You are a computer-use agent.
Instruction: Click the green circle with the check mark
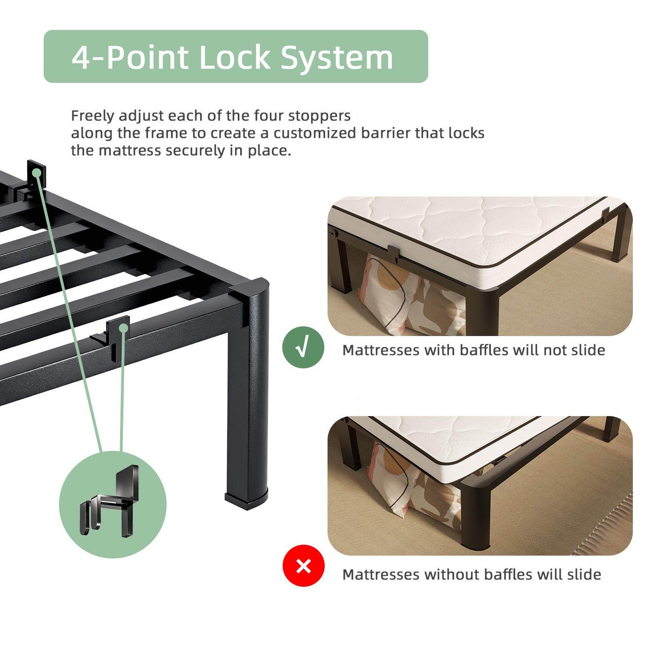point(303,347)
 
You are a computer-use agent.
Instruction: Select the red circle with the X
point(303,566)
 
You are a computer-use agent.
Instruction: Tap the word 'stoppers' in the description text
point(319,116)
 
